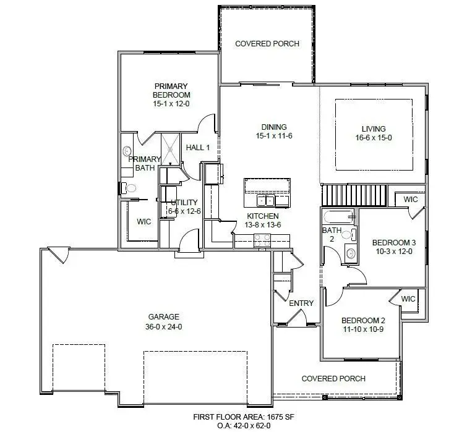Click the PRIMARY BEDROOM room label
point(171,90)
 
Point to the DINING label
point(273,127)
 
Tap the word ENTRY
point(301,303)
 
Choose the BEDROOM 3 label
point(393,242)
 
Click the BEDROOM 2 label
point(364,321)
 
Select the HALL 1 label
point(198,148)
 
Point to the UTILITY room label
point(183,203)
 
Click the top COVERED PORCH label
point(267,44)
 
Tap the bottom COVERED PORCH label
point(333,379)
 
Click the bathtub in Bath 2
point(337,217)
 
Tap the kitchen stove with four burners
point(262,240)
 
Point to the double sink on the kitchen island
point(267,200)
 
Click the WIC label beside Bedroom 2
point(408,299)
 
